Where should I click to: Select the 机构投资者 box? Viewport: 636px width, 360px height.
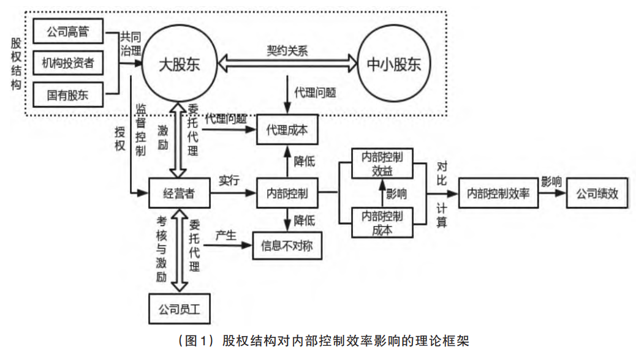click(x=68, y=62)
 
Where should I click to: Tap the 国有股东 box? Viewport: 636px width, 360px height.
click(x=68, y=94)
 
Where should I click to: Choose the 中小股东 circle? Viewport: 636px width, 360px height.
click(x=394, y=64)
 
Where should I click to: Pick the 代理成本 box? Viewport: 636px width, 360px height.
click(x=287, y=130)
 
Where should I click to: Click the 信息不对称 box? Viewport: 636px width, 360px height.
click(x=287, y=247)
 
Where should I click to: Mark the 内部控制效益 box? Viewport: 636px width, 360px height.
click(x=382, y=163)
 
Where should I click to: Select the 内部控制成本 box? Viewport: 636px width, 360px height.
click(x=382, y=222)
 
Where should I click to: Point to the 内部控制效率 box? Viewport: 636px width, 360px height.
click(x=497, y=193)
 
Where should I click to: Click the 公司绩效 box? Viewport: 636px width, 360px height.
click(x=597, y=193)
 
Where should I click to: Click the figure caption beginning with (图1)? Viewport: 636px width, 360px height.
click(x=317, y=340)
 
